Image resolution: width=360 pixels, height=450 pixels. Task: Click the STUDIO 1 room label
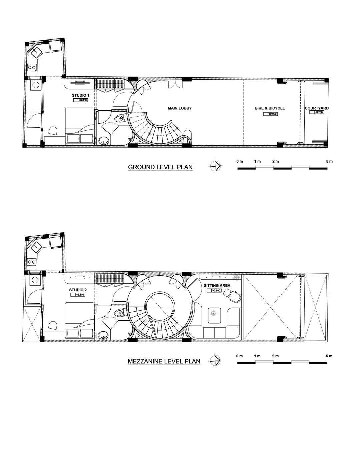point(81,95)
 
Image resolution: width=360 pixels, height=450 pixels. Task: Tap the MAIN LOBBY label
point(180,108)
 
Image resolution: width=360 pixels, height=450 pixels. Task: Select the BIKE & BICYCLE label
point(270,108)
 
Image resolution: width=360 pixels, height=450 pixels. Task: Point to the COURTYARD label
point(316,108)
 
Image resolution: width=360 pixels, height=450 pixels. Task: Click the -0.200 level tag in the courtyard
point(317,112)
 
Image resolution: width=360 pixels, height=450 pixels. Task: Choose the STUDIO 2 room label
point(78,290)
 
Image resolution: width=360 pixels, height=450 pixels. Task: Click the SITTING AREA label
point(217,285)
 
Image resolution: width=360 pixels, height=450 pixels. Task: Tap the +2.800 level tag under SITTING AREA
point(214,290)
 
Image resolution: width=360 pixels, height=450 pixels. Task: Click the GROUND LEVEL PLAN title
point(160,167)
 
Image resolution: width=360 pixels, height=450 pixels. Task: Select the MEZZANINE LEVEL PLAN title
point(164,361)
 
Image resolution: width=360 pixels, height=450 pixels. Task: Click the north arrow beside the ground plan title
point(216,166)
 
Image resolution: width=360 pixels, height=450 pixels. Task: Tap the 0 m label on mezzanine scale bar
point(240,356)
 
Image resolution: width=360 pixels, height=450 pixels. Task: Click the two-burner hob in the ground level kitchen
point(32,67)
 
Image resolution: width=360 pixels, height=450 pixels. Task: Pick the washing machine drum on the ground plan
point(35,85)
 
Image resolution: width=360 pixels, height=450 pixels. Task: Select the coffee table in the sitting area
point(215,316)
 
